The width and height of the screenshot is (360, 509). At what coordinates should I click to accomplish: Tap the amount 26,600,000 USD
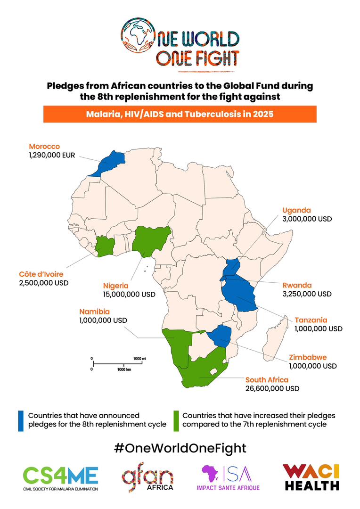tap(272, 389)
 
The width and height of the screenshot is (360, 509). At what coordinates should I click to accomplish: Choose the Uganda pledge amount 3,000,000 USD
tap(307, 219)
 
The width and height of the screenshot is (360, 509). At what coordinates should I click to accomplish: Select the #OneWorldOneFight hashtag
tap(180, 447)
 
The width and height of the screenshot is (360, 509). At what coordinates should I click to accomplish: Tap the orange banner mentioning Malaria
tap(180, 114)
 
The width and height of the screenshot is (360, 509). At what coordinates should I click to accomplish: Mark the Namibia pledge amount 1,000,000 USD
tap(103, 320)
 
